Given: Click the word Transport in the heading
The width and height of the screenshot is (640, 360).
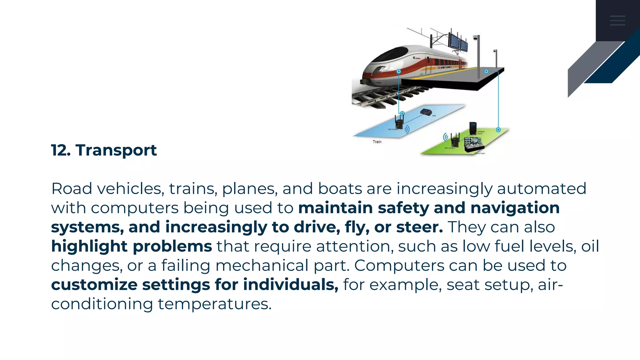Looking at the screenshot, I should click(116, 150).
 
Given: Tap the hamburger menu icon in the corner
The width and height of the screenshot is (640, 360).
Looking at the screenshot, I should click(617, 21).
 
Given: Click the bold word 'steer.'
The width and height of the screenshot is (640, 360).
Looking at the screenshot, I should click(419, 227).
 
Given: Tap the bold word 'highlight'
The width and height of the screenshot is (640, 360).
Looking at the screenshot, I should click(89, 247).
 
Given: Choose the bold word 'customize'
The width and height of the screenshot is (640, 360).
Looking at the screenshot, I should click(94, 285).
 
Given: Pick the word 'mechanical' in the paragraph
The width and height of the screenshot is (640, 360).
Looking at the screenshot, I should click(262, 266).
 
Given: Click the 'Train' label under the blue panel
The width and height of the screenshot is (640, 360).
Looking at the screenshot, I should click(377, 142).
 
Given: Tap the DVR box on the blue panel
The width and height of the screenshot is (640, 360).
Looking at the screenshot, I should click(426, 112).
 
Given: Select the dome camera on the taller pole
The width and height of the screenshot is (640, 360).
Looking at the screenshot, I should click(475, 38).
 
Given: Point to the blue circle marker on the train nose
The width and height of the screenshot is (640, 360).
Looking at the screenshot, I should click(399, 72).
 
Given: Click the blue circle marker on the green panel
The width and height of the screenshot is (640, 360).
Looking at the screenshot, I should click(498, 130).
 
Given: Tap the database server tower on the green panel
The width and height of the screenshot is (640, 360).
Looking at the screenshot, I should click(473, 128).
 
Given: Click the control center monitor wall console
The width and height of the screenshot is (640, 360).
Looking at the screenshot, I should click(474, 144).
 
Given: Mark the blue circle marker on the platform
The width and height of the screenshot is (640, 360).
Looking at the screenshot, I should click(486, 72).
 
